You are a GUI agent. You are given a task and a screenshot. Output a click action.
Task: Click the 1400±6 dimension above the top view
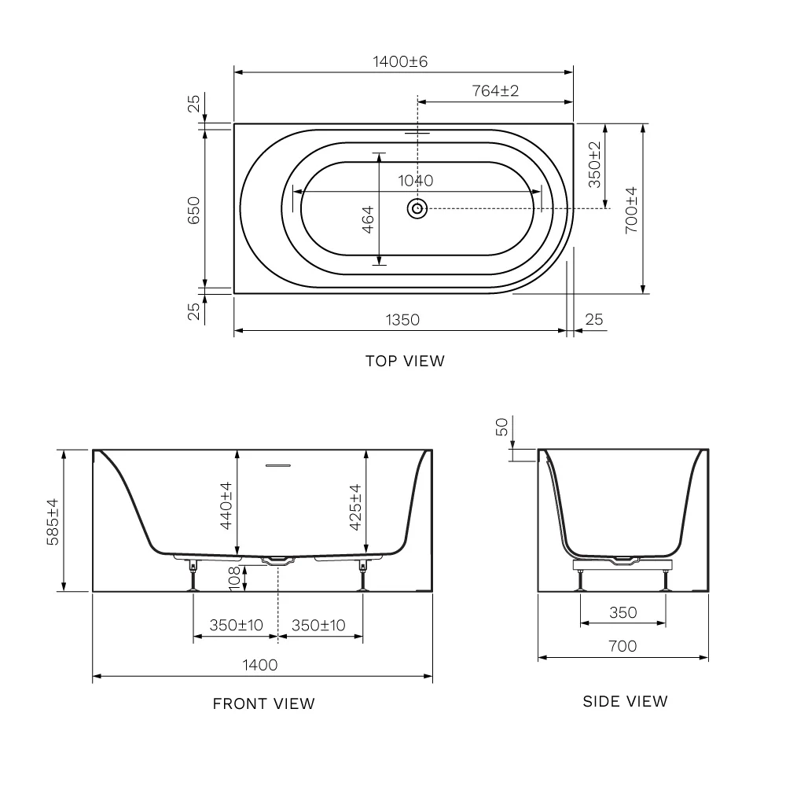click(400, 61)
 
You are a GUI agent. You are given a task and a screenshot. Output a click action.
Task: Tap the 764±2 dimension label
click(495, 90)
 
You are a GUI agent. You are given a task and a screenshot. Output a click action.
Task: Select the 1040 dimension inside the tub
click(416, 181)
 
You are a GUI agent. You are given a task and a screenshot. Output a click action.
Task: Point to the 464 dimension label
click(368, 219)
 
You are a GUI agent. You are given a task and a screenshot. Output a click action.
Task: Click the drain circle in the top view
click(417, 208)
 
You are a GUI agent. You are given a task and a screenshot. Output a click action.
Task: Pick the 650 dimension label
click(193, 211)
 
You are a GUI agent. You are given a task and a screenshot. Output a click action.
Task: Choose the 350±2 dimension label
click(594, 164)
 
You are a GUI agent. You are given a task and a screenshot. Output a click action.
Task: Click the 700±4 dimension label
click(632, 210)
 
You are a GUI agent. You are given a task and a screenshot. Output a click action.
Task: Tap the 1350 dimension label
click(402, 320)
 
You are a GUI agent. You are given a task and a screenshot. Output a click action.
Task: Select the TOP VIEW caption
click(405, 361)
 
